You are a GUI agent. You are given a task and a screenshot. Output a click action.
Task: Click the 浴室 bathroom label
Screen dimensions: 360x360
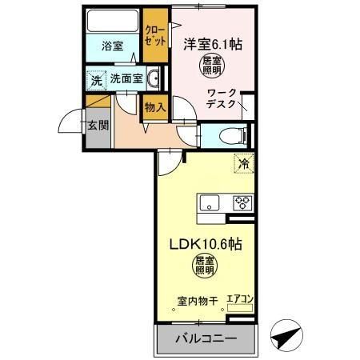coord(112,47)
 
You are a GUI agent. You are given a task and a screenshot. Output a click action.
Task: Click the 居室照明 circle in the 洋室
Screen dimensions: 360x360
coord(212,66)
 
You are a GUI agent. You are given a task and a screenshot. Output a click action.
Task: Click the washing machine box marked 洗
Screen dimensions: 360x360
coord(95,80)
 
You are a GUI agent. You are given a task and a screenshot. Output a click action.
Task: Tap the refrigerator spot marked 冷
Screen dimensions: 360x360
coord(242,163)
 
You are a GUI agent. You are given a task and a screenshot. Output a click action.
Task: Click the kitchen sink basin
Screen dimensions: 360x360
coord(210,202)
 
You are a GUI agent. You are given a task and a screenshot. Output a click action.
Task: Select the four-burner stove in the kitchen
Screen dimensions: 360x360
coord(242,202)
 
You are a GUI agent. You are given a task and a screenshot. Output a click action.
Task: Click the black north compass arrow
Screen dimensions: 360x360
coord(286,336)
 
